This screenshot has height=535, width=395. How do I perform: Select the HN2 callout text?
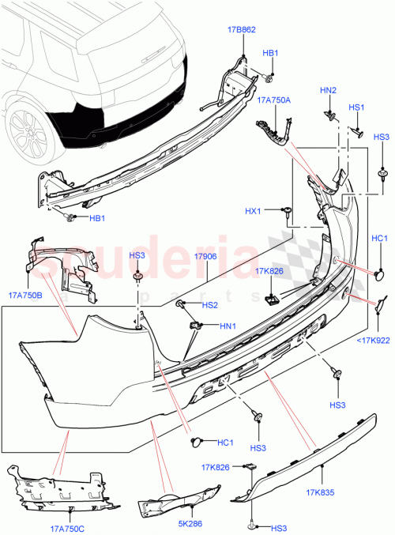[328, 90]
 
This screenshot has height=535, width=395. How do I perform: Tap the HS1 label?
[356, 107]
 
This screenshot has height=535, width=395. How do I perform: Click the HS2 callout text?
[209, 305]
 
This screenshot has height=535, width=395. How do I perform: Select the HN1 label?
[228, 326]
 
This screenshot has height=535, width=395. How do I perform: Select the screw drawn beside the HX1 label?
[289, 211]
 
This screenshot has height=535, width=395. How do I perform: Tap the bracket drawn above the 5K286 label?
[174, 499]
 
